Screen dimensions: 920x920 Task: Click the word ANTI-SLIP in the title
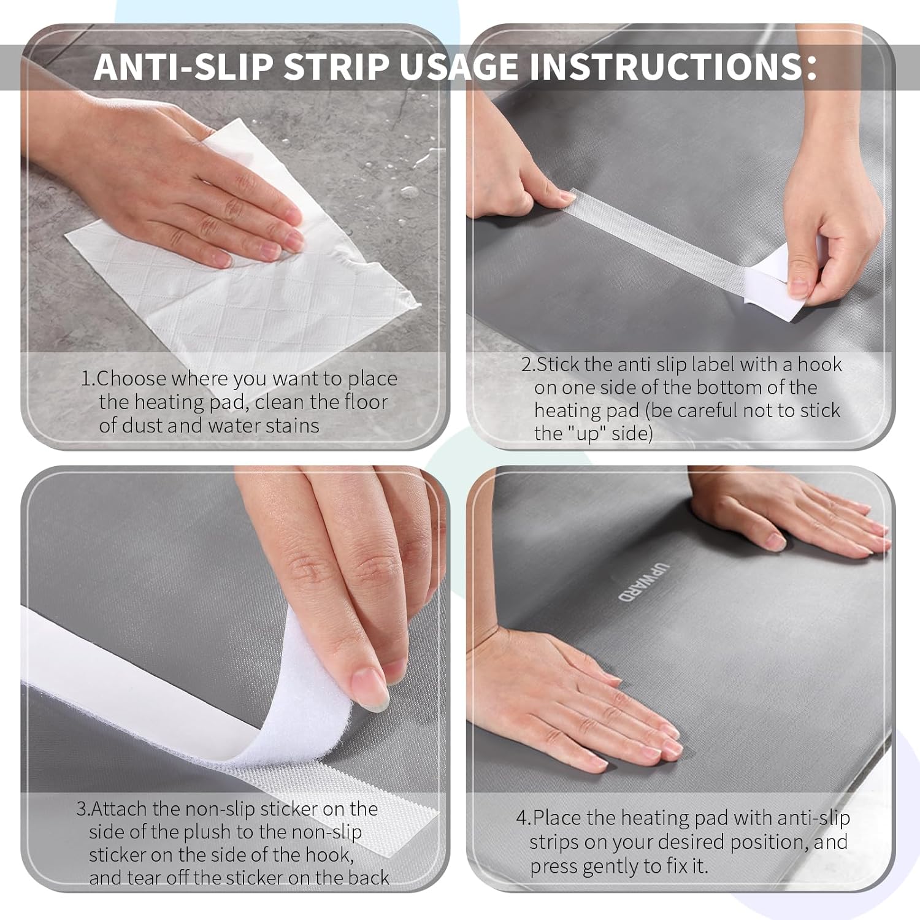[x=183, y=67]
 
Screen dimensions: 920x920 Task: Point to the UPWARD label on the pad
[x=626, y=581]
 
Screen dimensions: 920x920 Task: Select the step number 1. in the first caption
[x=88, y=379]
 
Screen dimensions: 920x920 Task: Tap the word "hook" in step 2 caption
[x=819, y=364]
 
